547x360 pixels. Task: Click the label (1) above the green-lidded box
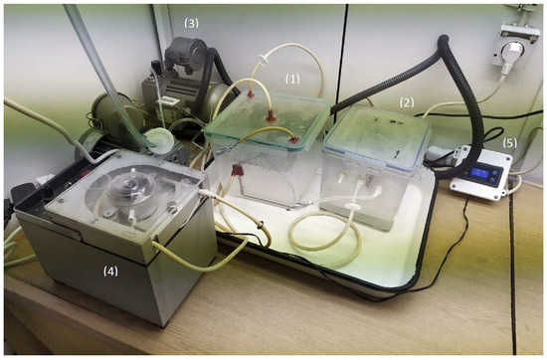292,76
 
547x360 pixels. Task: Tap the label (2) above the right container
406,101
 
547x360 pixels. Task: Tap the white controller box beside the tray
482,176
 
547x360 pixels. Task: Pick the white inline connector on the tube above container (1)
265,56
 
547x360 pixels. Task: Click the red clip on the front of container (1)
240,175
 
